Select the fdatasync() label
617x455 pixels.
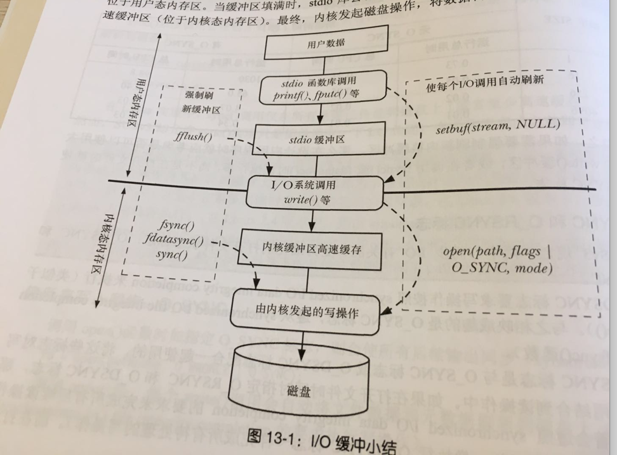click(180, 241)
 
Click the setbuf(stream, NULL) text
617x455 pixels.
click(498, 125)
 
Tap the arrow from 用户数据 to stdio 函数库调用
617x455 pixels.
click(323, 63)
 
